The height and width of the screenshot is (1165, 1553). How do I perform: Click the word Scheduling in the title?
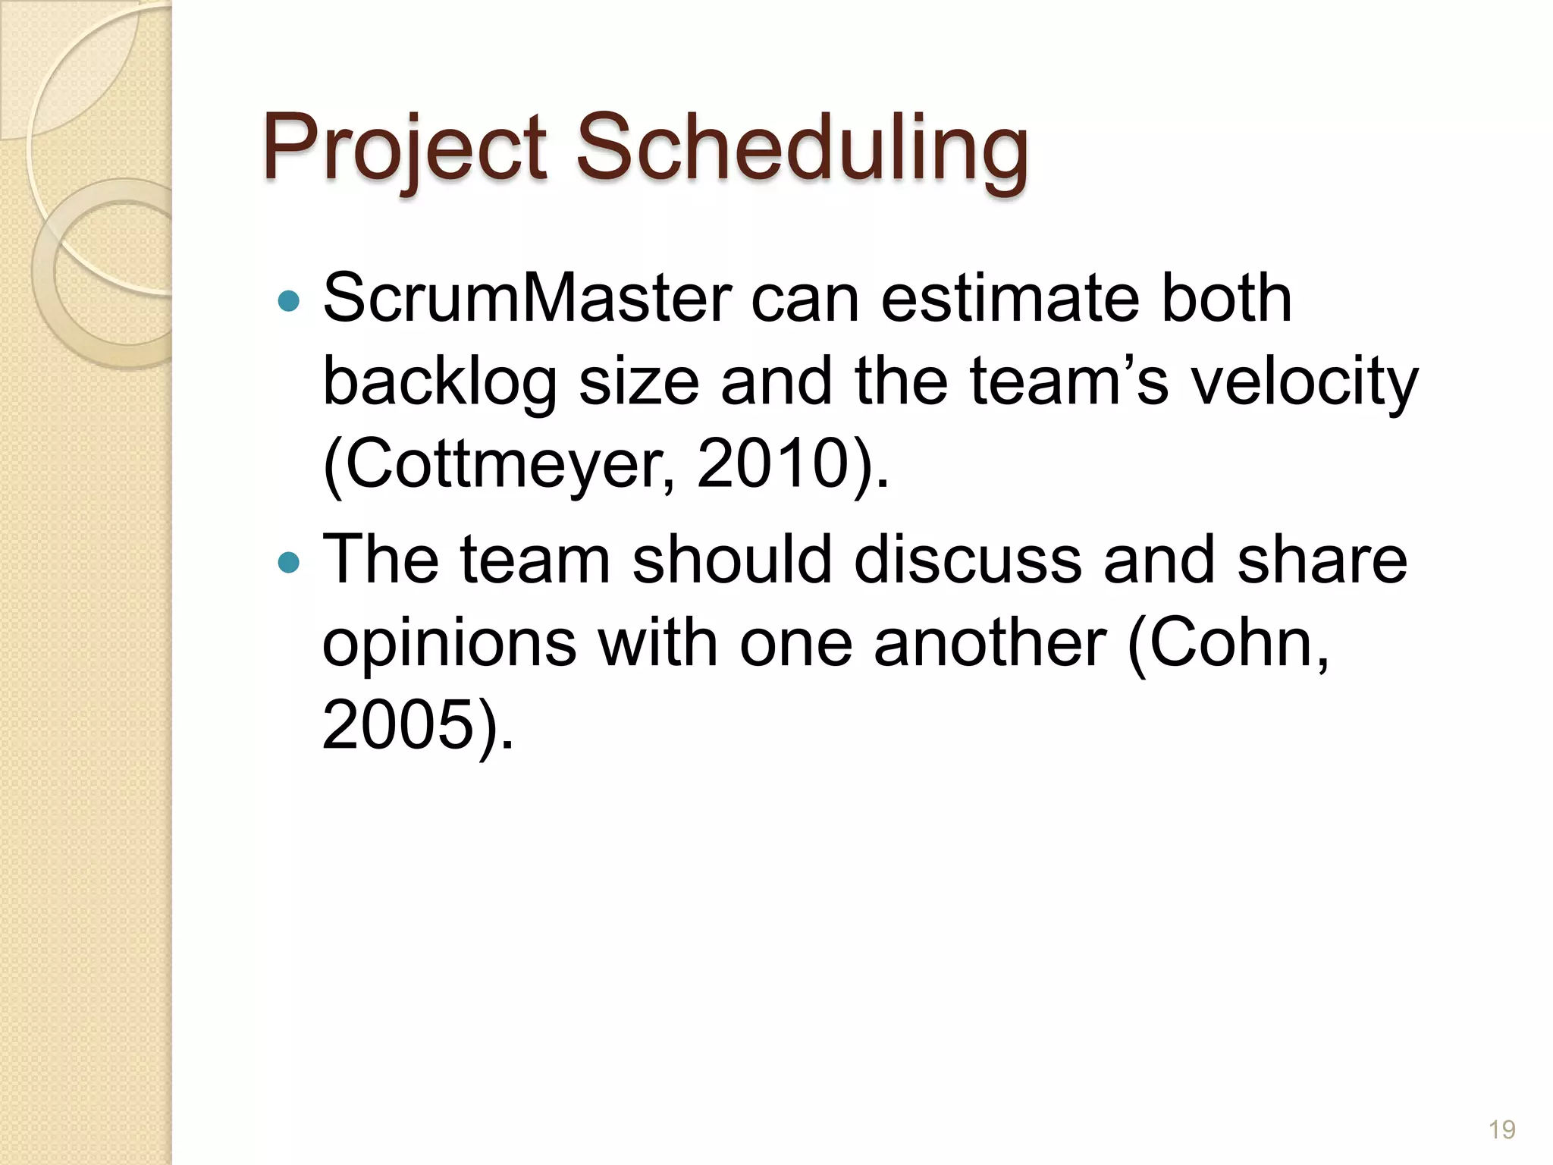click(802, 149)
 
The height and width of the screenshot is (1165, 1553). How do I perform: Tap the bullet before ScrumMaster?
click(289, 302)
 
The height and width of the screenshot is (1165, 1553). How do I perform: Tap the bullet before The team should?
click(289, 563)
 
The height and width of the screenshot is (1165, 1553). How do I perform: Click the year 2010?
click(773, 464)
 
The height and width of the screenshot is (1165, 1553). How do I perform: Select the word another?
click(990, 643)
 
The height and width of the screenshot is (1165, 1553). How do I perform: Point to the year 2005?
click(398, 725)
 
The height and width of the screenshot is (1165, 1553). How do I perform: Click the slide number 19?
click(1501, 1130)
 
